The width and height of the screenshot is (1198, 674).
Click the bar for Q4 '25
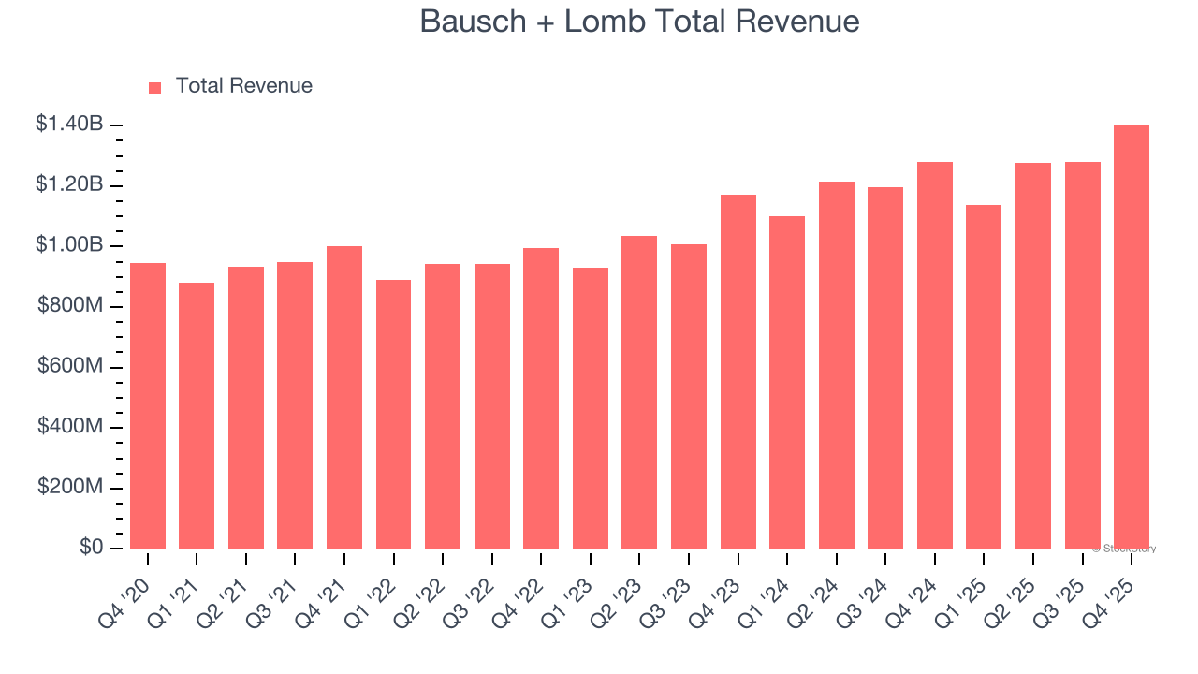coord(1131,337)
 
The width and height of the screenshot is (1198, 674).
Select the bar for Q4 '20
coord(148,406)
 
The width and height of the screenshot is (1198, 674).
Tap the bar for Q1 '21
coord(197,416)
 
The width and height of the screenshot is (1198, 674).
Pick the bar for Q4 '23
coord(738,372)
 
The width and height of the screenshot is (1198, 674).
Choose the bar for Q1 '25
coord(984,377)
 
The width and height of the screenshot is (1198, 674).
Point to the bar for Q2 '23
coord(639,392)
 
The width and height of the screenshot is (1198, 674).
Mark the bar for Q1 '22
coord(393,415)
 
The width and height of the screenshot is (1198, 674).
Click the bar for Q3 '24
coord(885,368)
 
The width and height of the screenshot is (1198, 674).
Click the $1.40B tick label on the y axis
coord(69,124)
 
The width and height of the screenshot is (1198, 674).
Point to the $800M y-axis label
coord(70,306)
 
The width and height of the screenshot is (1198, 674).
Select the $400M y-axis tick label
coord(70,427)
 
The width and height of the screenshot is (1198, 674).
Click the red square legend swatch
coord(155,88)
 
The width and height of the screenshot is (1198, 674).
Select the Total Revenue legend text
coord(244,86)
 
